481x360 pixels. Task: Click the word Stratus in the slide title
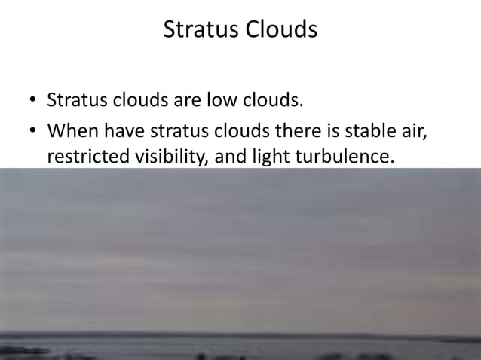(199, 30)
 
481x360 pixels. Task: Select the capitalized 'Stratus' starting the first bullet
(75, 99)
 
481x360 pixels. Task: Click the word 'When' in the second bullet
(72, 133)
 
